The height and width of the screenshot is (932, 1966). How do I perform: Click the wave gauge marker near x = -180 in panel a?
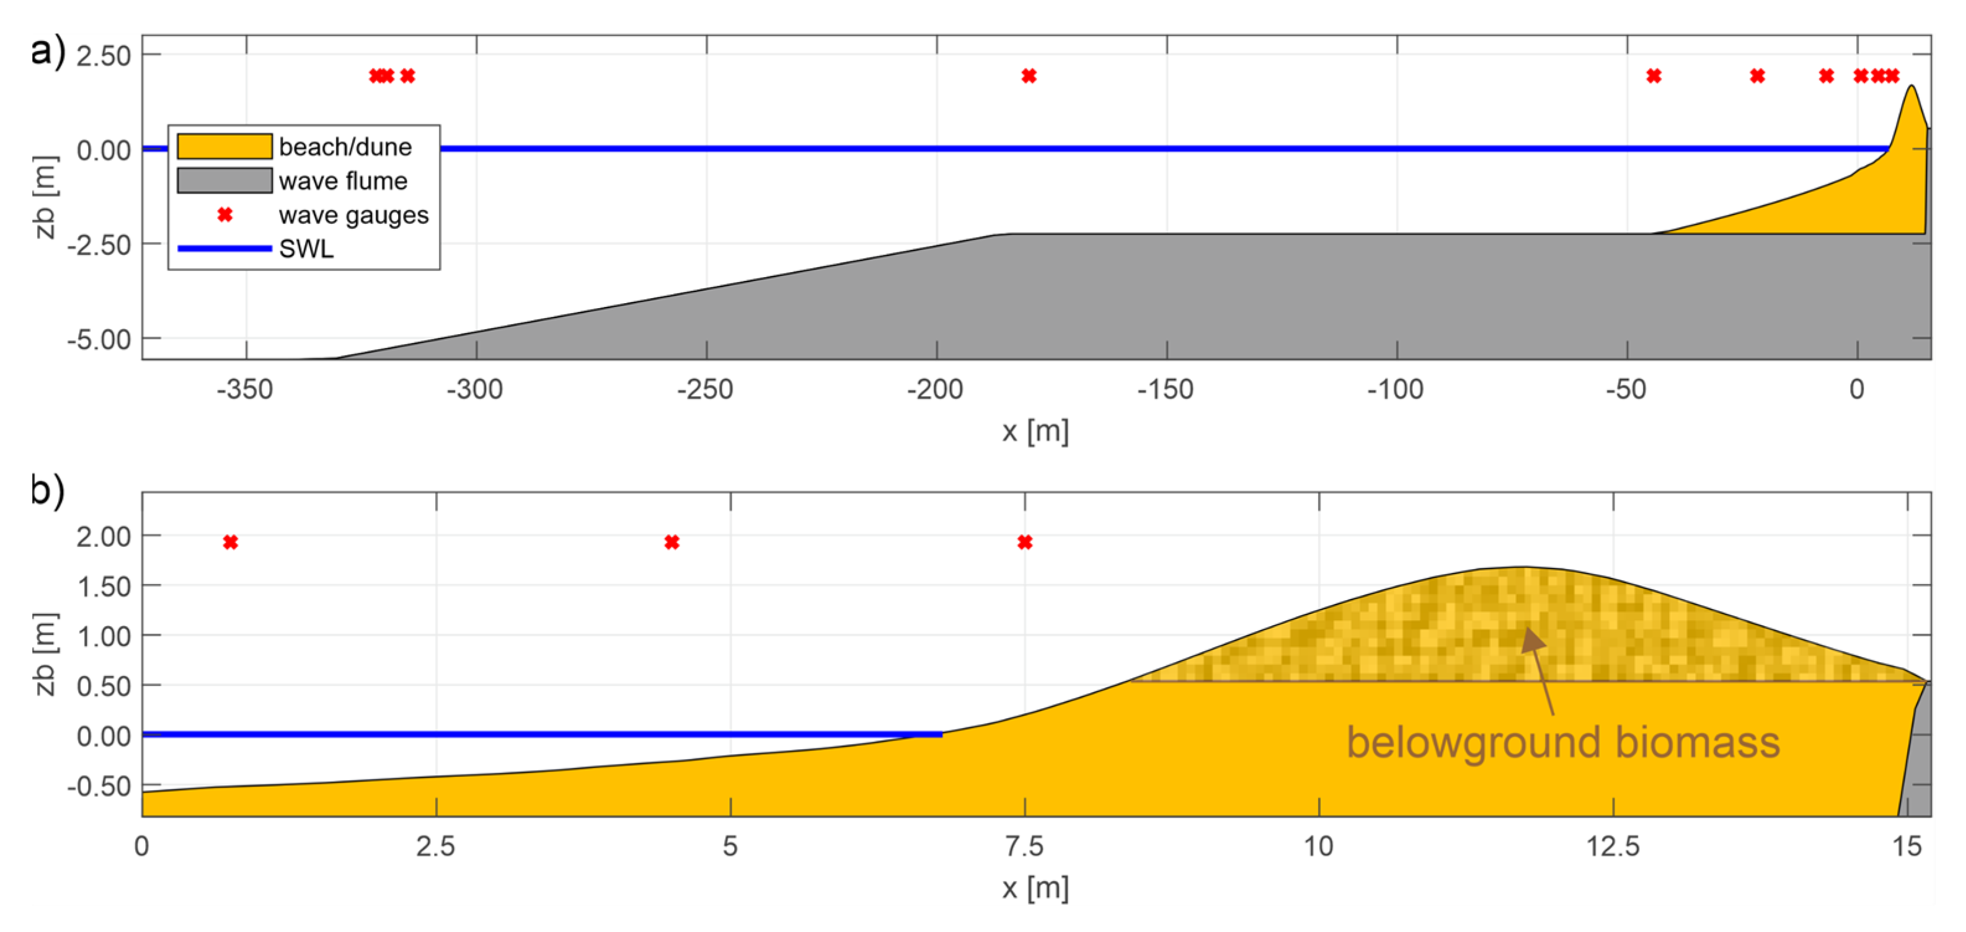[x=1029, y=76]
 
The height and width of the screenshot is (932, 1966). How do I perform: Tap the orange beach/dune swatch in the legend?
[x=224, y=146]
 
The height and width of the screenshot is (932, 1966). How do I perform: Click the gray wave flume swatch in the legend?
[x=224, y=180]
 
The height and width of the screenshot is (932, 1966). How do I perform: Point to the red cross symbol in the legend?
[x=224, y=215]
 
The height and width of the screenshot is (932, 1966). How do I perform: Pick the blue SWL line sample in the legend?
[x=224, y=248]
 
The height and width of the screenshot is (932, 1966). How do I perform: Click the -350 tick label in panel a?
[x=245, y=389]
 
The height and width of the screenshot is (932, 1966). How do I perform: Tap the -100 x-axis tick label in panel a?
[x=1395, y=389]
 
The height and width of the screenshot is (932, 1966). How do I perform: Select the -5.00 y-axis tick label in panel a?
[x=99, y=339]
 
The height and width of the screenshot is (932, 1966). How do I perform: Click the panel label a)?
[x=47, y=52]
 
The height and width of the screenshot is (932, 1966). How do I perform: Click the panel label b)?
[x=47, y=489]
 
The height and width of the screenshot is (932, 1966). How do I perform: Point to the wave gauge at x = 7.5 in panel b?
[x=1024, y=542]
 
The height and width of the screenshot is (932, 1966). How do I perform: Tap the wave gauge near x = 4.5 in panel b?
[x=671, y=542]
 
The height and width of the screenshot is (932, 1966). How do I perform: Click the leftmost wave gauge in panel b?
[x=231, y=542]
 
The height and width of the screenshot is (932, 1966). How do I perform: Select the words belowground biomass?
[x=1562, y=742]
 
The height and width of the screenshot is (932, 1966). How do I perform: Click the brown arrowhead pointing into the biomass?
[x=1532, y=638]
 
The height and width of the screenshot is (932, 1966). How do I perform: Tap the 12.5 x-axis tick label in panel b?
[x=1613, y=846]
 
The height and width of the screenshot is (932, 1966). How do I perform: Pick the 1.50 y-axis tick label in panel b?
[x=104, y=586]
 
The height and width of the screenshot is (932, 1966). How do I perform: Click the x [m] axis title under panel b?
[x=1035, y=888]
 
